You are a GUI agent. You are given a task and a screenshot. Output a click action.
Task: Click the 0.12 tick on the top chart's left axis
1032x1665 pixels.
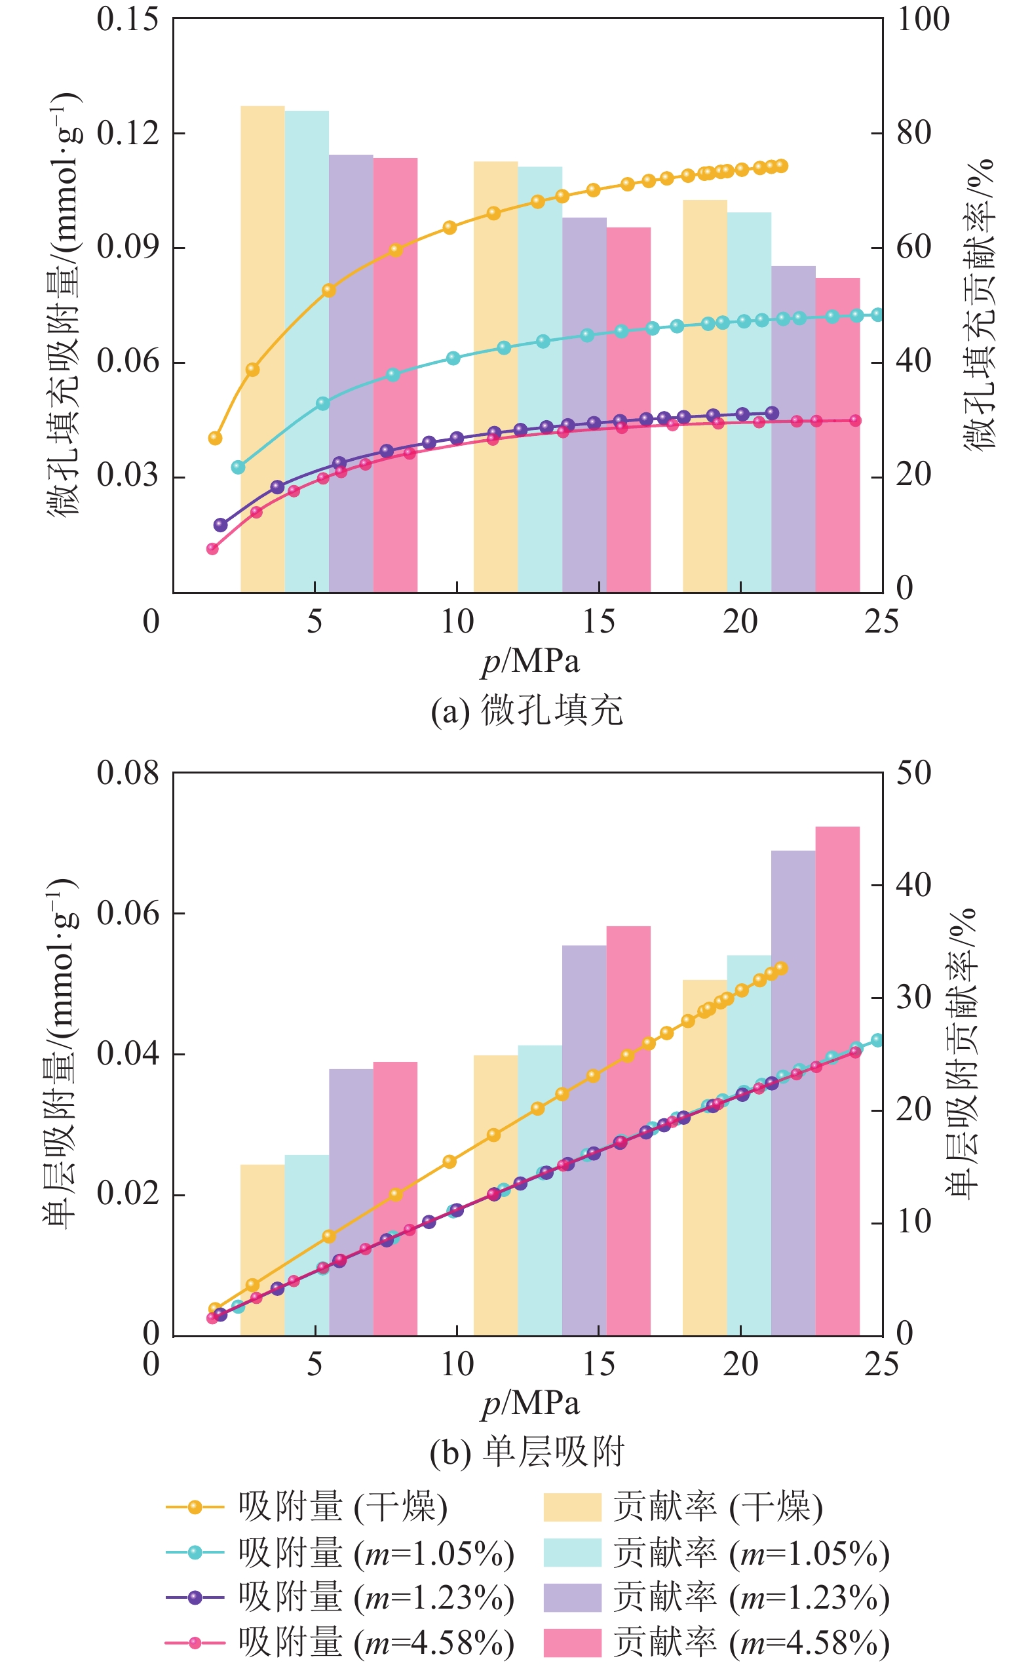tap(128, 132)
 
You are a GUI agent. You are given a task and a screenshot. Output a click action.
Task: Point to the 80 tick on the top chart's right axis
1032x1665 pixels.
tap(914, 132)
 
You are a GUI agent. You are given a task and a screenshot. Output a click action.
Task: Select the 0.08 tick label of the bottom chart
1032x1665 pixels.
tap(128, 773)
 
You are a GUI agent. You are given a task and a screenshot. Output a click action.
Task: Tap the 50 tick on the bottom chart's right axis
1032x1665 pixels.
tap(914, 773)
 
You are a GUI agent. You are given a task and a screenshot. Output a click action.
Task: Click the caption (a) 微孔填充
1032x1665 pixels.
tap(527, 711)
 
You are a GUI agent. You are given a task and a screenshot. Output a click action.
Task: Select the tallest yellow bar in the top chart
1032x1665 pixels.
tap(263, 348)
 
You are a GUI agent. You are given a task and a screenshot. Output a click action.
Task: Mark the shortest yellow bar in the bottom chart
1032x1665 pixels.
tap(263, 1249)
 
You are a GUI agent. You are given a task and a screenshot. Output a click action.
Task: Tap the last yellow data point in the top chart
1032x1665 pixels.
tap(782, 166)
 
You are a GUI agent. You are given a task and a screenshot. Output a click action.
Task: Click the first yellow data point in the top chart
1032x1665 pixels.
tap(215, 439)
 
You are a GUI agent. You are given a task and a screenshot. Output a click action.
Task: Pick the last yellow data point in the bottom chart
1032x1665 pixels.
tap(782, 968)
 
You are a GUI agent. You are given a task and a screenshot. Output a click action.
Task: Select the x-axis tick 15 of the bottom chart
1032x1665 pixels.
tap(599, 1364)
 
